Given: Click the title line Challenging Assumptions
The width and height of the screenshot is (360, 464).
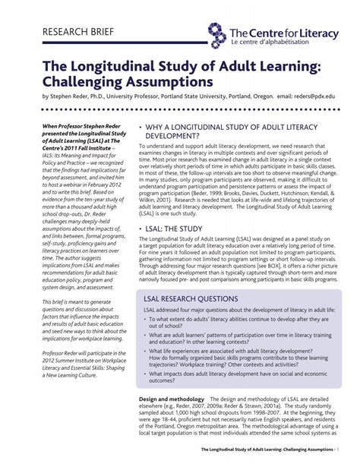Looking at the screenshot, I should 128,80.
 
